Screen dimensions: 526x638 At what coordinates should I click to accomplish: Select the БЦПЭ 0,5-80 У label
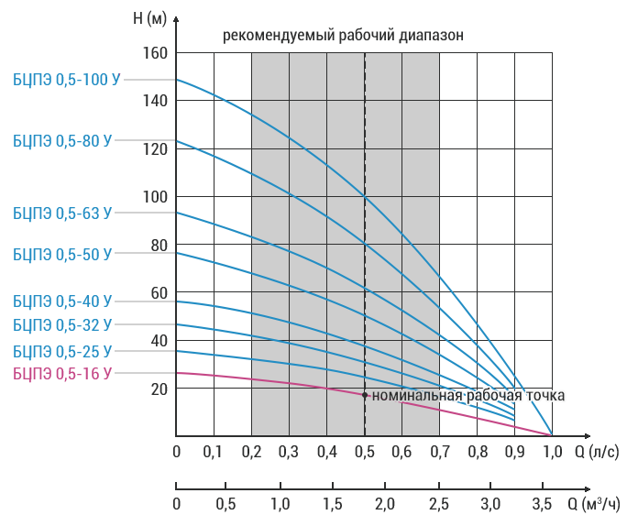(x=63, y=141)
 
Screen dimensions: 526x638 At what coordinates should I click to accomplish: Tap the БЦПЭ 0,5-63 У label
(x=63, y=214)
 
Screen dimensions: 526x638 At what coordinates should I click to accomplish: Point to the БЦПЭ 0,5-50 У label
(x=63, y=254)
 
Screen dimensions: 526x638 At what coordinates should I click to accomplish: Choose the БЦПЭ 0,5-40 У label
(x=63, y=301)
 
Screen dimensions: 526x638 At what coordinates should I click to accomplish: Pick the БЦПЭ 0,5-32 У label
(x=63, y=324)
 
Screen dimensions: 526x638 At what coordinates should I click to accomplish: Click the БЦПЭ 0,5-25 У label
(x=63, y=351)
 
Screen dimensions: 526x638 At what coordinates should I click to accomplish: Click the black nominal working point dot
(x=365, y=395)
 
